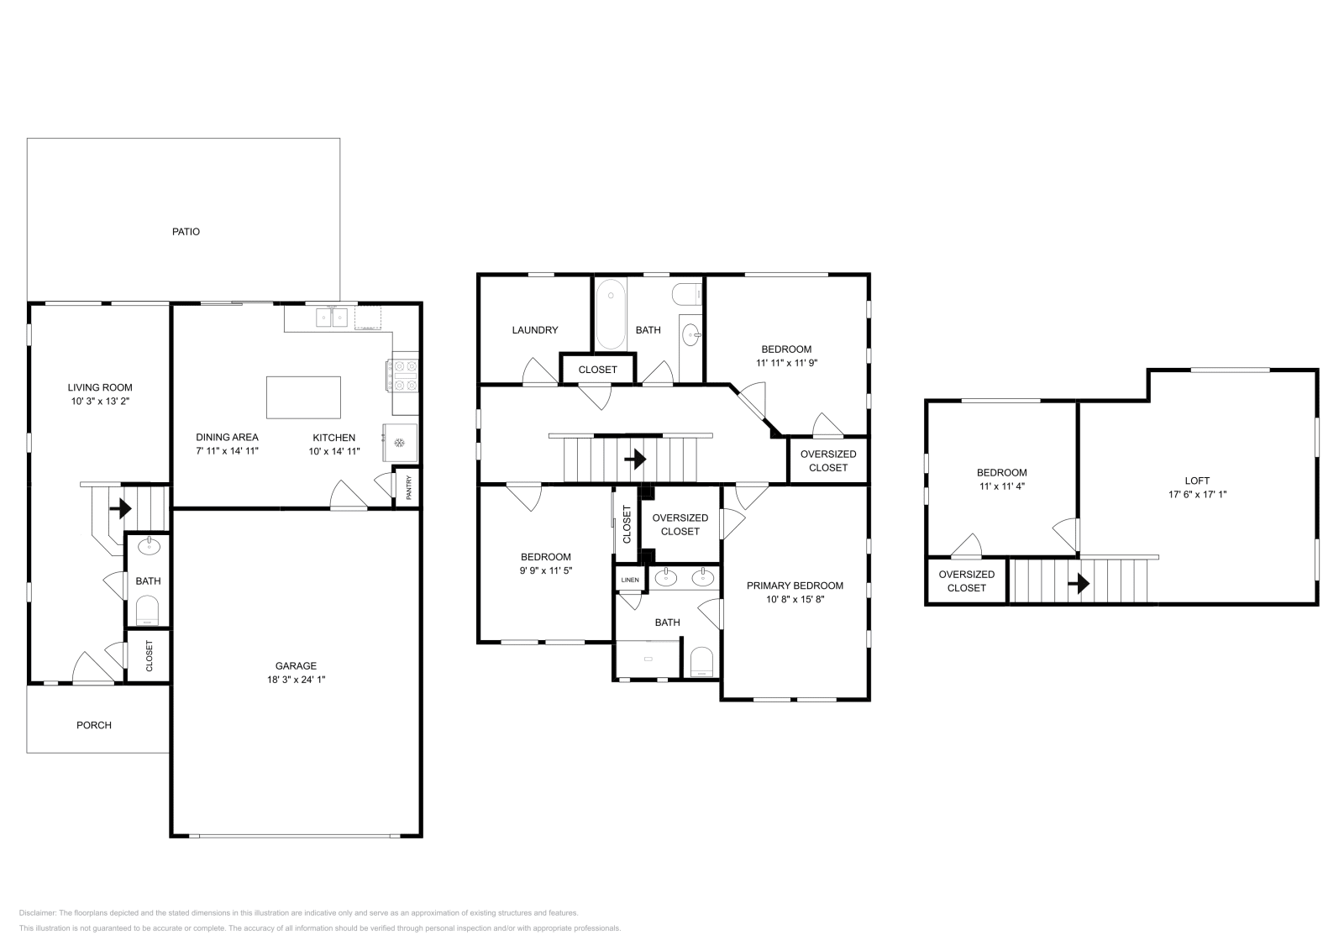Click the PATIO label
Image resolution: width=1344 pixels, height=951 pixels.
coord(186,232)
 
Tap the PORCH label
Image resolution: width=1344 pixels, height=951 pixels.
coord(94,725)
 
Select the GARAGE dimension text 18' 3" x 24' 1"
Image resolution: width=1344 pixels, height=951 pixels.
coord(297,680)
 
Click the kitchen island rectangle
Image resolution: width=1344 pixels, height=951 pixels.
coord(303,398)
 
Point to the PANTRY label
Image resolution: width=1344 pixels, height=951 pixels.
coord(409,487)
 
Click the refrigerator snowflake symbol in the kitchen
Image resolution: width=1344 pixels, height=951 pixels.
coord(399,443)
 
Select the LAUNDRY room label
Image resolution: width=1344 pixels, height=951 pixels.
coord(534,330)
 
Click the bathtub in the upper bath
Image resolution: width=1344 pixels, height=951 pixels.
coord(611,313)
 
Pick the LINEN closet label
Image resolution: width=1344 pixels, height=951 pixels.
coord(630,580)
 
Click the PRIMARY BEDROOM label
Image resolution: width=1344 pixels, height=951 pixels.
coord(795,586)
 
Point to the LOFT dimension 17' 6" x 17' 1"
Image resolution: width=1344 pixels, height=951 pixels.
coord(1197,494)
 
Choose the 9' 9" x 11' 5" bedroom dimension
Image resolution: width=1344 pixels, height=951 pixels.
coord(546,570)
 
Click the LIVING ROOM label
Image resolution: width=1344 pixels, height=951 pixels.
coord(100,387)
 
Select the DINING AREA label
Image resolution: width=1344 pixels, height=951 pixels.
coord(228,438)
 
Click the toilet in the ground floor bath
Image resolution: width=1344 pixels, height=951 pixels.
coord(148,611)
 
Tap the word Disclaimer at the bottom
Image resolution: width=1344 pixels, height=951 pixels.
coord(37,912)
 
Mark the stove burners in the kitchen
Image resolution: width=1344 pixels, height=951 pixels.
coord(402,375)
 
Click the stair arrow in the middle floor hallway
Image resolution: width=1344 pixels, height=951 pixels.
coord(635,460)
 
